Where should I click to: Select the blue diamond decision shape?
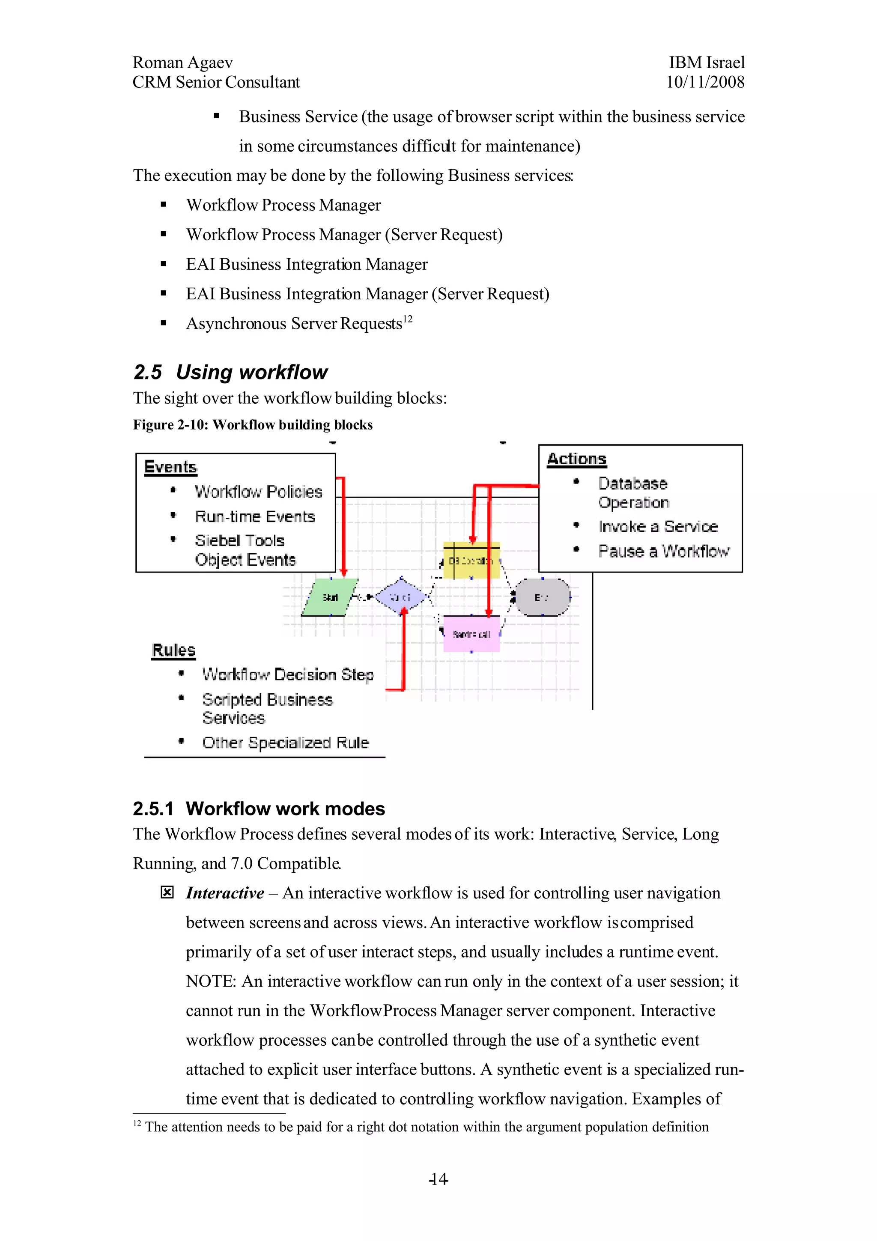click(400, 597)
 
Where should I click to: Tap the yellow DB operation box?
click(471, 561)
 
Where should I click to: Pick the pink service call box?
click(471, 633)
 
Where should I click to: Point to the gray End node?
click(542, 597)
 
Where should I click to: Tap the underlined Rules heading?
click(173, 650)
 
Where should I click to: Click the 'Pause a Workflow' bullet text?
click(664, 551)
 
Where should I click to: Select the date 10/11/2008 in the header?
click(705, 82)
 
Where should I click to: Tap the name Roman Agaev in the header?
click(183, 63)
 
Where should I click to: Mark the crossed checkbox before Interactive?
click(167, 892)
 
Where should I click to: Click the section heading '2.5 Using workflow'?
click(230, 373)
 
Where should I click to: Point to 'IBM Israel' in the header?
click(706, 63)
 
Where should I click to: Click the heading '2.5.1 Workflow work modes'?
click(259, 808)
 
